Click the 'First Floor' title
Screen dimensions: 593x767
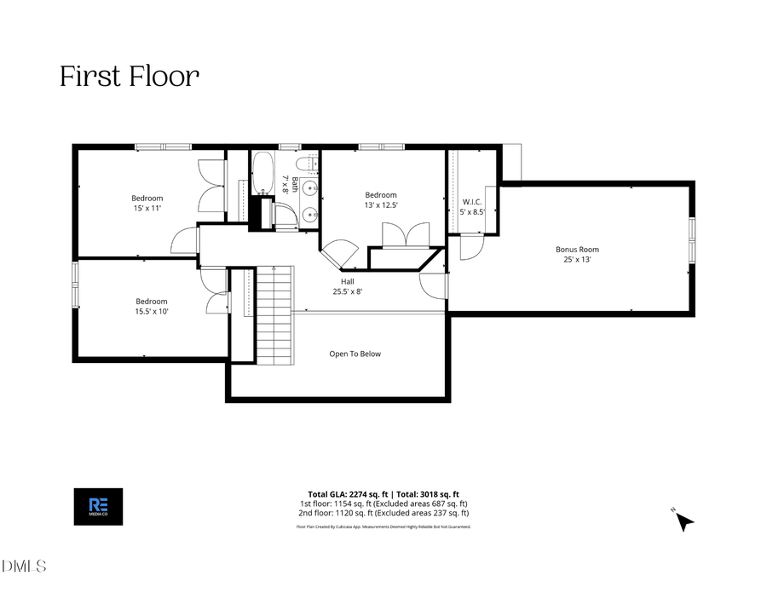coord(130,77)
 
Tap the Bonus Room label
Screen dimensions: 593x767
coord(577,250)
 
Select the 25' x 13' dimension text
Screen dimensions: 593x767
coord(577,259)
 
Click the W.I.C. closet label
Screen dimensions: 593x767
coord(471,202)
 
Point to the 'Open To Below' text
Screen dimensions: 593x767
coord(355,354)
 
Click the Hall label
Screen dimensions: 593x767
coord(347,281)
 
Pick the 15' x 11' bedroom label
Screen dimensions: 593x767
coord(147,204)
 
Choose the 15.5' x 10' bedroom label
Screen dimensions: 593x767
coord(152,306)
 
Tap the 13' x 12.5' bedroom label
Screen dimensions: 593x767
coord(381,200)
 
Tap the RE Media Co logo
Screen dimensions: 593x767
coord(99,506)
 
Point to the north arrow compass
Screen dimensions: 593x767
coord(683,520)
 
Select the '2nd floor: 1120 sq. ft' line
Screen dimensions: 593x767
coord(383,513)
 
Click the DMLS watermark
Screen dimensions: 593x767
coord(24,566)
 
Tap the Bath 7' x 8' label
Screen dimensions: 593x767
coord(291,183)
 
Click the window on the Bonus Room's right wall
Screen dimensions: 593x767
coord(691,239)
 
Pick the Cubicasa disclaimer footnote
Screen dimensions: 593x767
coord(383,527)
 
